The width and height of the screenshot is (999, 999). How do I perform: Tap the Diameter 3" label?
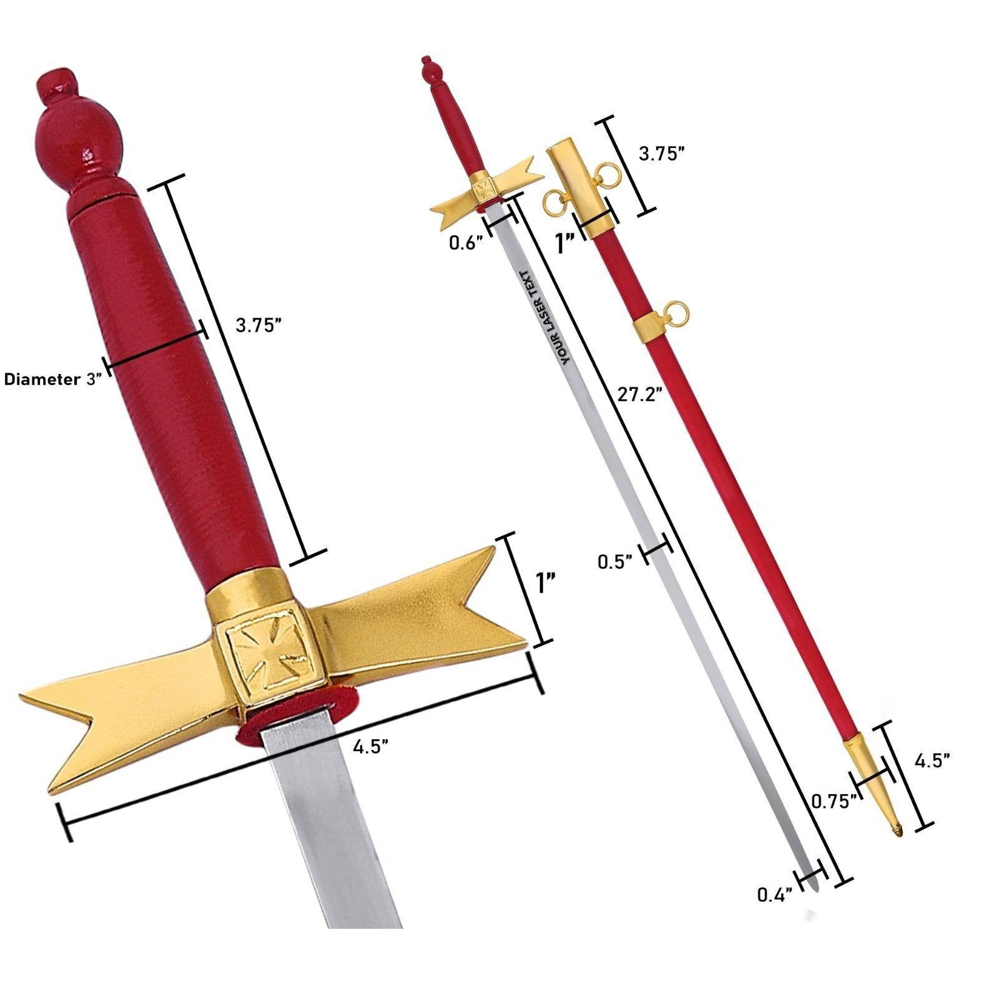(52, 379)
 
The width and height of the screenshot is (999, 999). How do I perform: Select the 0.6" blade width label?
(466, 243)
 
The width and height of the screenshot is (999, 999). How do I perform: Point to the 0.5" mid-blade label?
(615, 561)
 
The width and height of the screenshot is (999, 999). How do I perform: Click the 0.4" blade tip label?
(775, 895)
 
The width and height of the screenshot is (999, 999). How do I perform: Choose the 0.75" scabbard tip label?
(832, 801)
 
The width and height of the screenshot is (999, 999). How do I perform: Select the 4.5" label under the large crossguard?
(371, 747)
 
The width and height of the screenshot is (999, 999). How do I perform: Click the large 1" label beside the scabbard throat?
(566, 244)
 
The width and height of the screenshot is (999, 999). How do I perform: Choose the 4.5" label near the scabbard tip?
(932, 760)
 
